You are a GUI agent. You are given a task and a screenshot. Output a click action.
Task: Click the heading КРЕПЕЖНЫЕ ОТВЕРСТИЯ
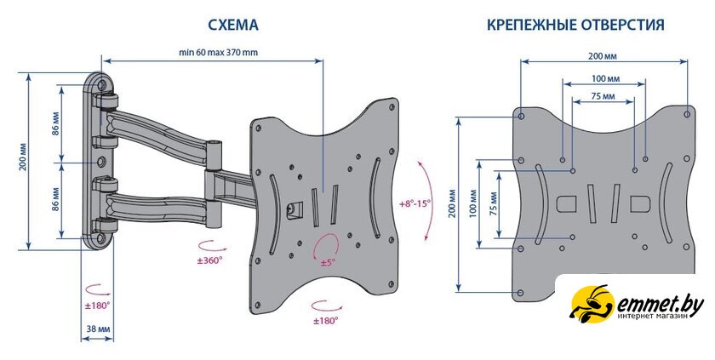click(x=575, y=26)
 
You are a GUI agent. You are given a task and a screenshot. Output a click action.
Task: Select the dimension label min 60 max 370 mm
click(x=218, y=52)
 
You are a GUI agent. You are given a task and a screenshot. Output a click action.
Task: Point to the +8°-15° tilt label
click(x=415, y=203)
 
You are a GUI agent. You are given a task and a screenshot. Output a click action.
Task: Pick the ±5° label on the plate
click(x=329, y=263)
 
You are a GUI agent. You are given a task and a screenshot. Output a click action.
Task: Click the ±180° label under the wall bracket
click(x=97, y=304)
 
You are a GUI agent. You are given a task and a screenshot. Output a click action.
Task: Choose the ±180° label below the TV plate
click(x=326, y=321)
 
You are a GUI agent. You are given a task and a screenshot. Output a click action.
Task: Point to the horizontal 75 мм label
click(x=603, y=97)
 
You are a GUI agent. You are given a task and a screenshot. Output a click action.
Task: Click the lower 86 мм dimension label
click(x=55, y=203)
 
